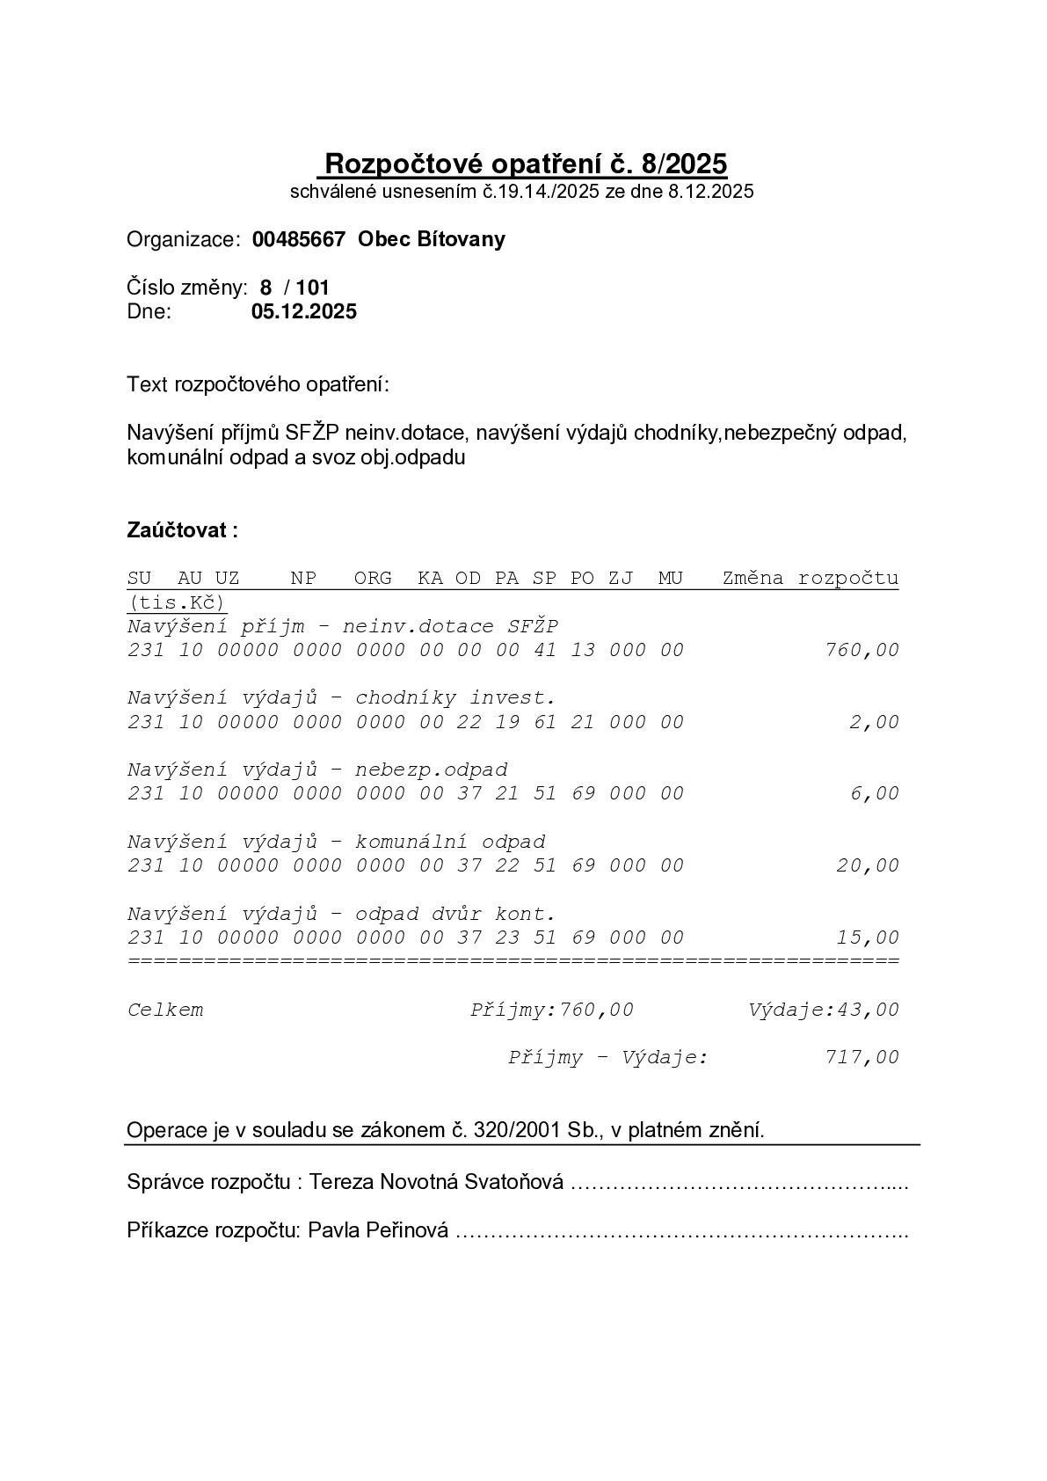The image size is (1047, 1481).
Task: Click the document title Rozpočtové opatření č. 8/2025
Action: coord(526,164)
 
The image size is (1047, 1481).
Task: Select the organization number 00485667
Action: coord(298,240)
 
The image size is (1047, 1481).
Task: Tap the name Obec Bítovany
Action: coord(432,240)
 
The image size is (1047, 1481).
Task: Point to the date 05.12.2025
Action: coord(304,311)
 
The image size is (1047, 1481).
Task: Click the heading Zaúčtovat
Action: coord(182,530)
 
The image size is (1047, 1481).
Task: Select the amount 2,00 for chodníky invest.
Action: coord(874,723)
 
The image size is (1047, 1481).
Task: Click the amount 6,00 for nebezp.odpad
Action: coord(874,794)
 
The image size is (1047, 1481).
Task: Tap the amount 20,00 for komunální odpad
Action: coord(868,866)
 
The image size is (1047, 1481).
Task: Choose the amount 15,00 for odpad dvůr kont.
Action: coord(868,938)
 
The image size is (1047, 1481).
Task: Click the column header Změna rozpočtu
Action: coord(810,579)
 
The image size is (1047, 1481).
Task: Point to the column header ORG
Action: coord(373,579)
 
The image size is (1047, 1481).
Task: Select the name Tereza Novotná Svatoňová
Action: coord(437,1182)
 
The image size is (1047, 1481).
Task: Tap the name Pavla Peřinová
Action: coord(378,1230)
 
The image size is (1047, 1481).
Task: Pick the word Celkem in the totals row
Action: coord(165,1010)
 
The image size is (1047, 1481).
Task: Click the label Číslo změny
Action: coord(186,288)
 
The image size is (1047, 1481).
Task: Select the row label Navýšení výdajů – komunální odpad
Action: coord(336,843)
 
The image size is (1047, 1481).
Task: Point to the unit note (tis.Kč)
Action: coord(177,602)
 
